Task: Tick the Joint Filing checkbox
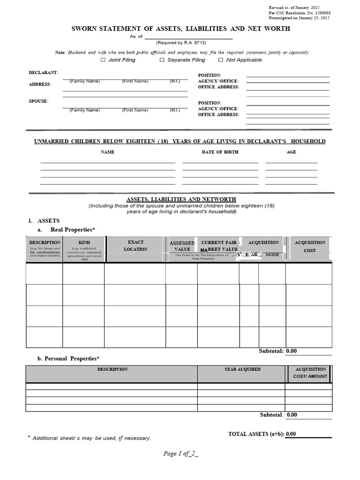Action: click(103, 60)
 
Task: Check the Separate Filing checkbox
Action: click(162, 60)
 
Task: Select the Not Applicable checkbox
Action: click(221, 60)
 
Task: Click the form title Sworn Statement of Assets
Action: click(180, 29)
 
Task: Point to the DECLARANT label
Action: click(43, 73)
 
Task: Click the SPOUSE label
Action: click(38, 101)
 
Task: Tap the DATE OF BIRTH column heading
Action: click(220, 152)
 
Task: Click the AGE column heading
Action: click(291, 152)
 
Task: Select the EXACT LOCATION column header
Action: click(135, 246)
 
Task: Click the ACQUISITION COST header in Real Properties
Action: click(310, 247)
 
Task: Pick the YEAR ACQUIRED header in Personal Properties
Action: click(242, 369)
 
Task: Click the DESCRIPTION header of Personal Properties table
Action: click(112, 369)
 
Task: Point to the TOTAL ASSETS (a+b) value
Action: click(291, 434)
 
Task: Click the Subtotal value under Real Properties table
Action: click(292, 351)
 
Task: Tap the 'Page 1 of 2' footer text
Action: click(181, 453)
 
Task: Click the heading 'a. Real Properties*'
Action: click(66, 229)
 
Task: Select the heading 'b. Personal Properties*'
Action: click(68, 359)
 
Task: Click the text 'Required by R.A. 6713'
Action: click(180, 43)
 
